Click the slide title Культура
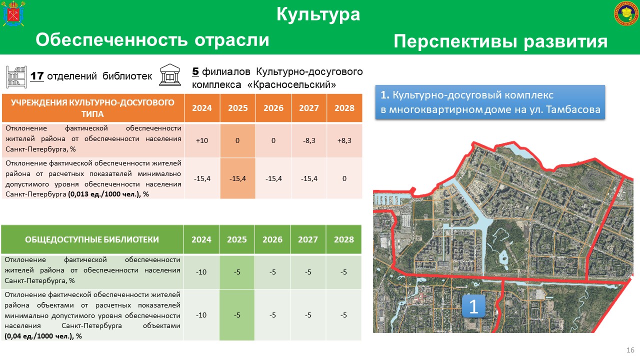(318, 14)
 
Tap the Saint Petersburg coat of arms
(13, 13)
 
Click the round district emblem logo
(626, 13)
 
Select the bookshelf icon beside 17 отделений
(16, 77)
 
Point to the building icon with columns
(170, 75)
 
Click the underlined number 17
(37, 76)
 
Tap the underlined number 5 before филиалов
(195, 71)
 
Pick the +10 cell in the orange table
(202, 140)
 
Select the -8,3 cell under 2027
(309, 140)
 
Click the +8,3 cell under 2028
(344, 140)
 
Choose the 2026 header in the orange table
(273, 108)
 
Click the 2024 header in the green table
(201, 239)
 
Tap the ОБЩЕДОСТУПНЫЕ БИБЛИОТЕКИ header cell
(92, 239)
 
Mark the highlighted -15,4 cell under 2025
(237, 178)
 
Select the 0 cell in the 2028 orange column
(344, 178)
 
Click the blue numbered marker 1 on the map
(473, 306)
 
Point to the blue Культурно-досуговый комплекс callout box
(490, 102)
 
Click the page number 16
(630, 350)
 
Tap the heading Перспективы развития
(500, 41)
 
